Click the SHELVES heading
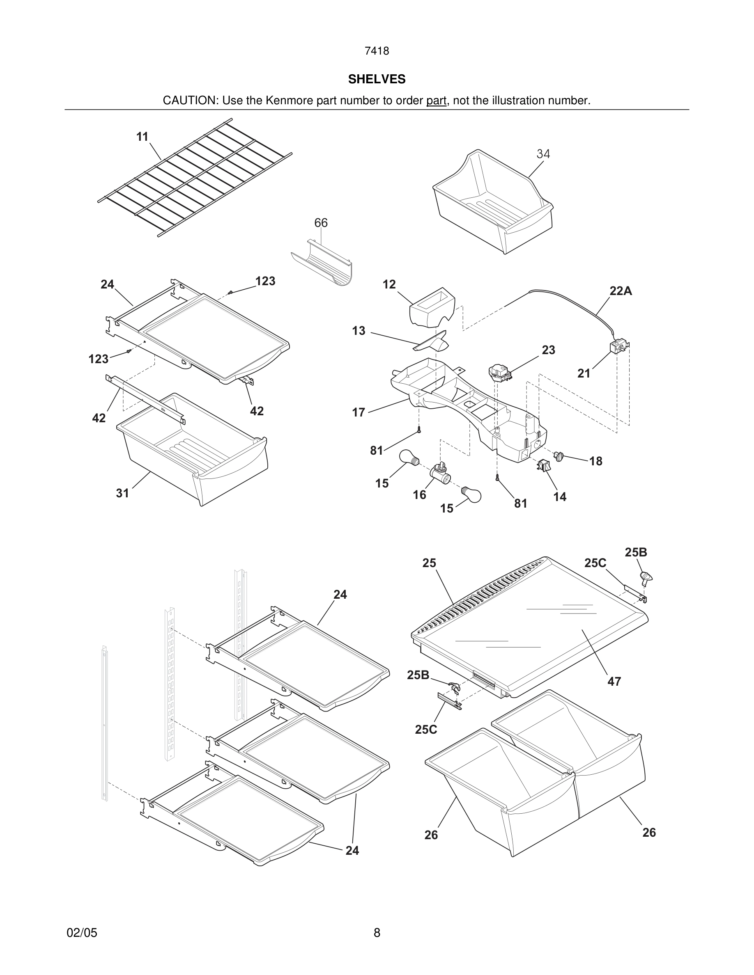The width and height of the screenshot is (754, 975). [x=377, y=79]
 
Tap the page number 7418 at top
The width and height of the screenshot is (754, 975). [x=377, y=51]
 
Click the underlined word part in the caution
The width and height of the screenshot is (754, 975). [x=436, y=101]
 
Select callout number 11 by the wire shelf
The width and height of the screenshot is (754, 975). [x=142, y=137]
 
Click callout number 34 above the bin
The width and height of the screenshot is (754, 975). [x=543, y=154]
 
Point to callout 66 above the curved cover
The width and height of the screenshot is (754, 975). [x=321, y=223]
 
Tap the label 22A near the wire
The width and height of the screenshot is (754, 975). [x=621, y=291]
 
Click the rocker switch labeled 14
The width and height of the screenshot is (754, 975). [x=544, y=466]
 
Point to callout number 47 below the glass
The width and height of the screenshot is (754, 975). [x=614, y=682]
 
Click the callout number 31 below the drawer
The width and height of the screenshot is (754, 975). [x=122, y=493]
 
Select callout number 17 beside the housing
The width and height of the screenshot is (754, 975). [x=358, y=412]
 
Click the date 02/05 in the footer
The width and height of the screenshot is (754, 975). [x=82, y=933]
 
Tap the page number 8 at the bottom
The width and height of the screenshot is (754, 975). [x=377, y=933]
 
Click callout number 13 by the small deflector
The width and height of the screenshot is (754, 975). [x=358, y=331]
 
